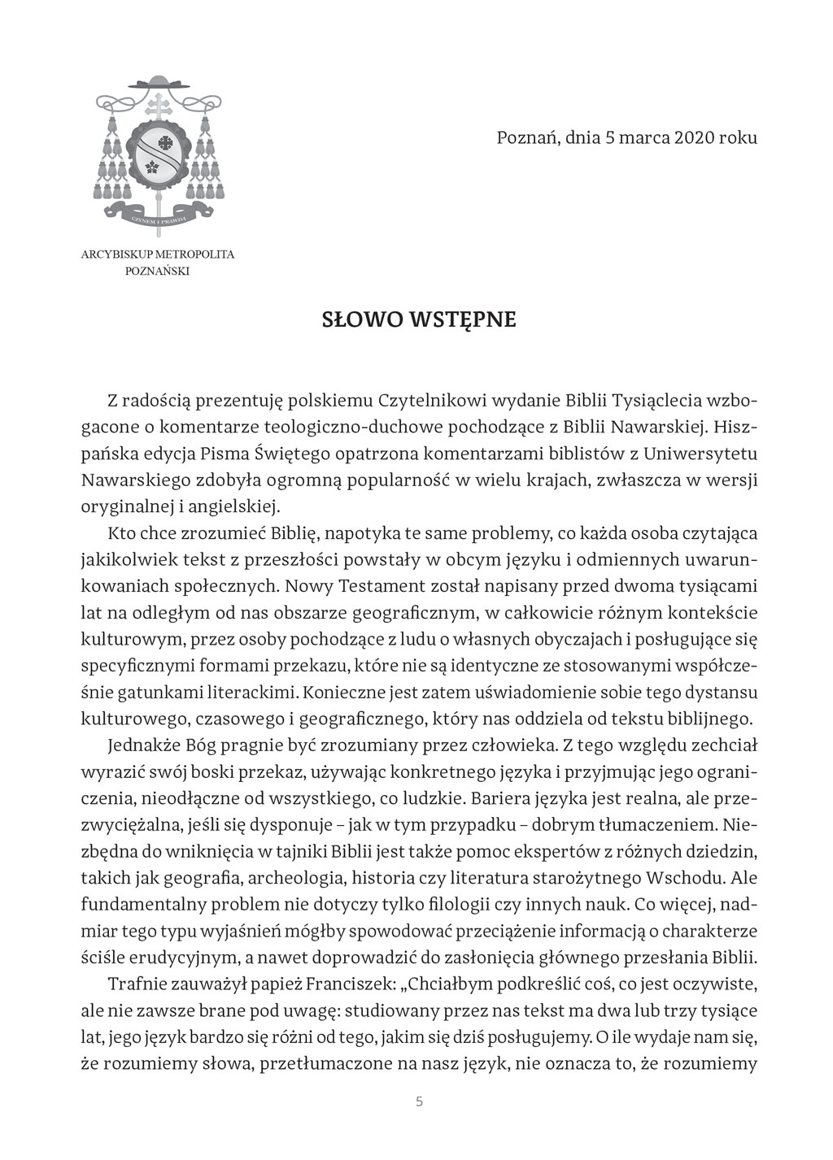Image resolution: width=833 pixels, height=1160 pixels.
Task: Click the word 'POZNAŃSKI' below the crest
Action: pos(157,272)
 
